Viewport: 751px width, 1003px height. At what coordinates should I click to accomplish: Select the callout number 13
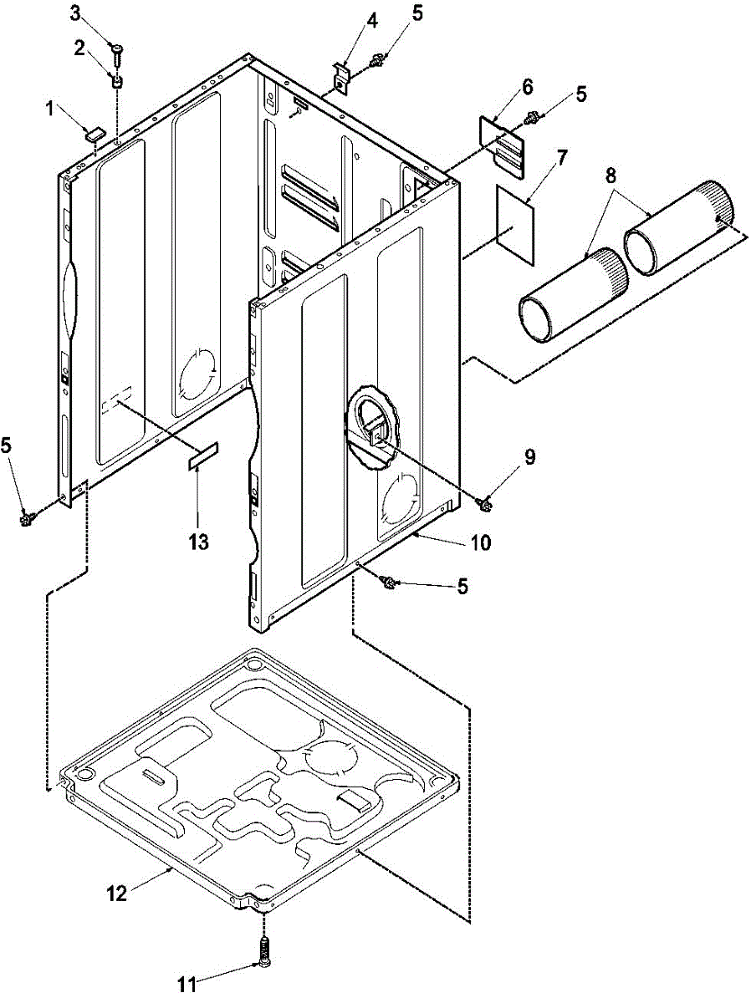pyautogui.click(x=197, y=542)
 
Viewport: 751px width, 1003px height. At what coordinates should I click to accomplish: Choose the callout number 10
pyautogui.click(x=480, y=542)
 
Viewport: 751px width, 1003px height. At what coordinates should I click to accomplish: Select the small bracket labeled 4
pyautogui.click(x=340, y=75)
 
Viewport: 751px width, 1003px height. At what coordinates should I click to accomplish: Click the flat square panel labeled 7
pyautogui.click(x=514, y=223)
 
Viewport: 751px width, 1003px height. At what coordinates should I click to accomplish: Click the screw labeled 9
pyautogui.click(x=483, y=502)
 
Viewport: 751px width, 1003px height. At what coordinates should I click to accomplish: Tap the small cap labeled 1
pyautogui.click(x=95, y=131)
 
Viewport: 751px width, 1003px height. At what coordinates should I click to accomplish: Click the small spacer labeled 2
pyautogui.click(x=118, y=82)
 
